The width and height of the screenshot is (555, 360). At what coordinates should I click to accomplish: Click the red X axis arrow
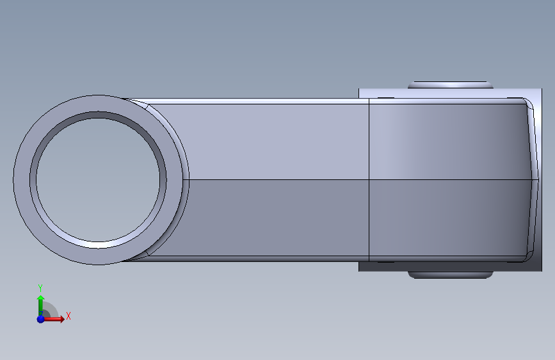53,319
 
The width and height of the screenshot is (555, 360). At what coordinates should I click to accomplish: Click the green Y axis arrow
41,306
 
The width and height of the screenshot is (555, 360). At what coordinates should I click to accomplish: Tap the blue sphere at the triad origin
41,319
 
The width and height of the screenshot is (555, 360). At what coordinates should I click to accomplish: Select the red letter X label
68,316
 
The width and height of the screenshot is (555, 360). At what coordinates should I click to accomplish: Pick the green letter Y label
40,288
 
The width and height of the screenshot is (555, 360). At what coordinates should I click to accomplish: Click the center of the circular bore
98,180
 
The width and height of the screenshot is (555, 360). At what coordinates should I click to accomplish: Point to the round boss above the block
451,85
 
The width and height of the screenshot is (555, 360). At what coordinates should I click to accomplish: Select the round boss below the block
451,275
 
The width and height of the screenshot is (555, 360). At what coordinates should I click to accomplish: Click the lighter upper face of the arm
276,142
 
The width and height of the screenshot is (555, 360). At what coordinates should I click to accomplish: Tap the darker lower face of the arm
276,218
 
